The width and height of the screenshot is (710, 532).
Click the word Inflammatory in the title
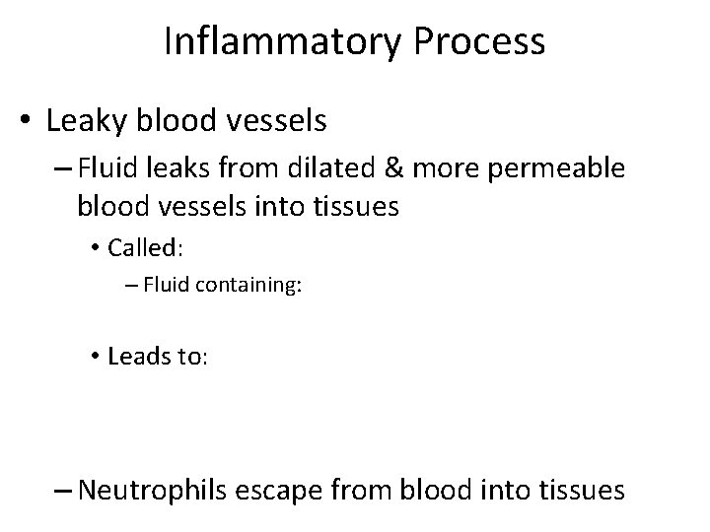pos(273,41)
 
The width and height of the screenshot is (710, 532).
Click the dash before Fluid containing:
pos(133,287)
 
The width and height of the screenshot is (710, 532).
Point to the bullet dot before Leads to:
pos(96,357)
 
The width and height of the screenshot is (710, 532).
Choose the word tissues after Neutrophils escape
pos(579,489)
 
